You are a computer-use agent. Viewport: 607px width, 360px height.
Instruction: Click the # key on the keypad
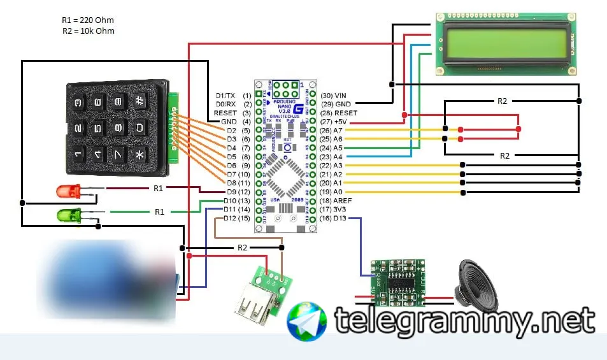(x=140, y=101)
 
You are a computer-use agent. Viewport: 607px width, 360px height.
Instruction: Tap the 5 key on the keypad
(x=97, y=128)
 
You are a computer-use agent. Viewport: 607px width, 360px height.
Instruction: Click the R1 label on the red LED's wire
(x=159, y=188)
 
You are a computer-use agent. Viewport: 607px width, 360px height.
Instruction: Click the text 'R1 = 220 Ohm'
(x=89, y=20)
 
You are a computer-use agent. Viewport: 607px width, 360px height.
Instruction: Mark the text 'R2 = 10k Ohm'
(x=89, y=31)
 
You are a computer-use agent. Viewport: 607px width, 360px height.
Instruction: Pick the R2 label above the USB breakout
(x=242, y=247)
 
